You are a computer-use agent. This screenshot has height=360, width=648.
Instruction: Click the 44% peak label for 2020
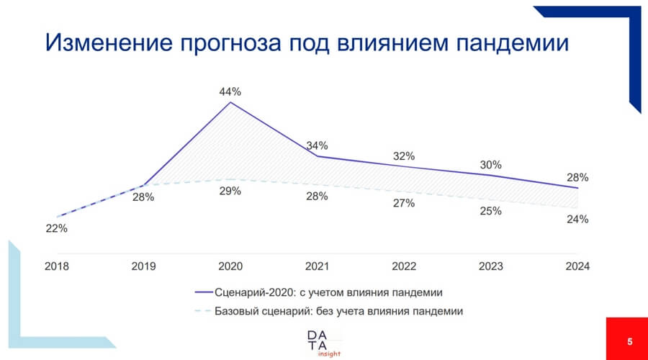pos(230,92)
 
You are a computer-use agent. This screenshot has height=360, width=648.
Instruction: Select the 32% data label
pos(404,156)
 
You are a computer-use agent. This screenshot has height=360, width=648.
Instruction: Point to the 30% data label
pos(491,164)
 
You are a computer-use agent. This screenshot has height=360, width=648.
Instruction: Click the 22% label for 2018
pos(57,229)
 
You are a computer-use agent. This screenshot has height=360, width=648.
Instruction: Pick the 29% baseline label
pos(230,192)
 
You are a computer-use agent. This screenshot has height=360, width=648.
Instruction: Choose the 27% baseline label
pos(404,203)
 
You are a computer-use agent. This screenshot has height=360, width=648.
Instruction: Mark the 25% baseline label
pos(491,211)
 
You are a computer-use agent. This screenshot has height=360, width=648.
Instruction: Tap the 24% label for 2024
pos(577,219)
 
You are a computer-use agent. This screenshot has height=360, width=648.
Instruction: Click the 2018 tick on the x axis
pos(57,266)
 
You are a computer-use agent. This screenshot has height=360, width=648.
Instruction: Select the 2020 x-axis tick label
pos(230,266)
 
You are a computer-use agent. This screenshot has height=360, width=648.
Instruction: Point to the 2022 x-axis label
pos(404,266)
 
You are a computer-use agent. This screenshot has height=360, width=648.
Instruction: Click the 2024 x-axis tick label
pos(577,266)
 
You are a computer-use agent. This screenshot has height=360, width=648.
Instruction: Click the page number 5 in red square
pos(629,341)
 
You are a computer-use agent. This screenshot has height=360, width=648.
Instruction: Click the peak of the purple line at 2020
pos(230,103)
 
